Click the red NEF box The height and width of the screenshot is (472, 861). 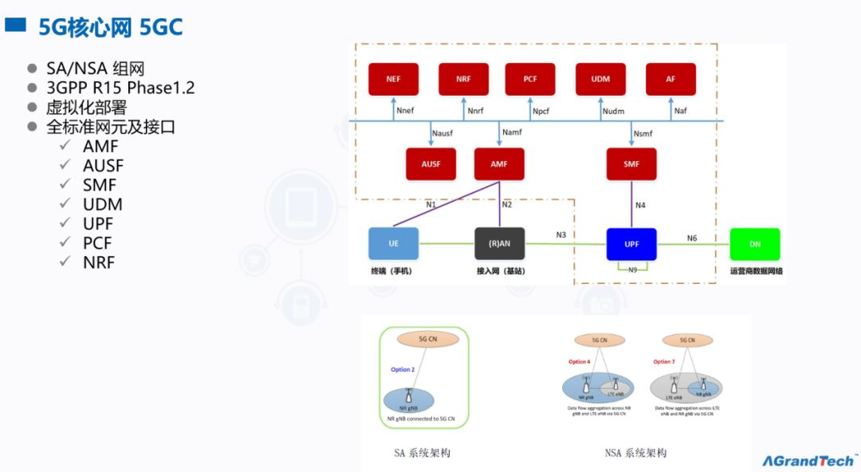(x=393, y=79)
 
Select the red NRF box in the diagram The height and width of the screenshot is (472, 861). (x=463, y=79)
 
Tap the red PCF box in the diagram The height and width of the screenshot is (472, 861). (x=530, y=79)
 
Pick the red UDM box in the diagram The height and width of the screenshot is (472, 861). (x=600, y=79)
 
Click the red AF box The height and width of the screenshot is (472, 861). (x=670, y=79)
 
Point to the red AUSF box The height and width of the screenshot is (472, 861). (x=431, y=164)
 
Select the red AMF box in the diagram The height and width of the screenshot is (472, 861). (x=499, y=164)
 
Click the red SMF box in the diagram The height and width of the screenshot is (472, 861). (x=631, y=164)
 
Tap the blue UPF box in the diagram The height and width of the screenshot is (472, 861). (x=631, y=244)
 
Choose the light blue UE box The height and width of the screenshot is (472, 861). (x=393, y=244)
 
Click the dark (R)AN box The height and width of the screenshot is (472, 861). (x=499, y=244)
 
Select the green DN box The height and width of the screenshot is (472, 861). (x=755, y=244)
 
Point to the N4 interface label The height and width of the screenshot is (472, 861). (x=640, y=205)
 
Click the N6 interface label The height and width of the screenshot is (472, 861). (x=692, y=238)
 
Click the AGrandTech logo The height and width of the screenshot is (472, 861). (x=808, y=460)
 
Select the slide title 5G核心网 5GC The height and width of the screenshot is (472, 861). (x=110, y=28)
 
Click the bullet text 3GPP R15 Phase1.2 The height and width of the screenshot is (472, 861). (x=120, y=88)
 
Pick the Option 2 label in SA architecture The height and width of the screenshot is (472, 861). (x=402, y=369)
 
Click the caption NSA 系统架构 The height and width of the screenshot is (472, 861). (x=635, y=453)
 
